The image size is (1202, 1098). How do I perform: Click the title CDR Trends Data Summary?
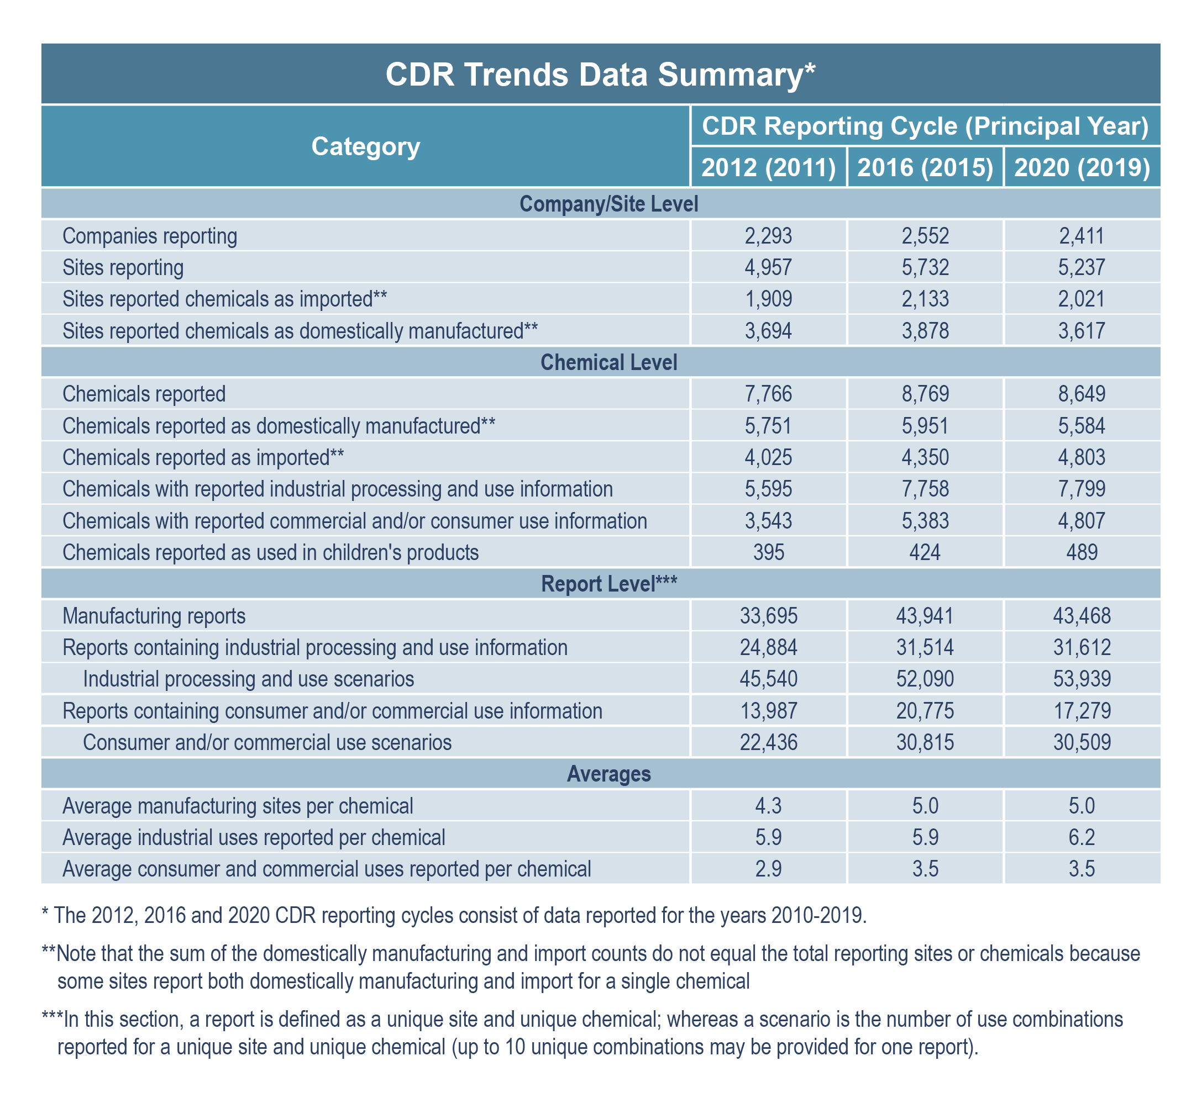(600, 75)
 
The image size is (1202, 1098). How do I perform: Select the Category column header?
(365, 146)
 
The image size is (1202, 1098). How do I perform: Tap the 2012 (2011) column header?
(769, 167)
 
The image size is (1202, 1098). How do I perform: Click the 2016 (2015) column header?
(925, 167)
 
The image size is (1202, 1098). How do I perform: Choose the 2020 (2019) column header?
(1082, 167)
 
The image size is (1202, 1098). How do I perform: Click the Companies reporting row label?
(150, 236)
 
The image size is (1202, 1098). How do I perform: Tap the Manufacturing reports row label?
(154, 615)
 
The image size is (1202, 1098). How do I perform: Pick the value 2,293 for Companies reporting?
(768, 236)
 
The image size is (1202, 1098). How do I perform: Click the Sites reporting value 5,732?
(925, 267)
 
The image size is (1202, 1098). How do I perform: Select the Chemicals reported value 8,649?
(1082, 394)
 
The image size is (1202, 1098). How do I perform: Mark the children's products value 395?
(768, 552)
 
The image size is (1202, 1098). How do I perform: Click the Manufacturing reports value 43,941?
(925, 615)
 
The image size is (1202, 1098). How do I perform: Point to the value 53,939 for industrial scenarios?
(1082, 679)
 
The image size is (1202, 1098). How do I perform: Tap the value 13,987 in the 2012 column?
(768, 711)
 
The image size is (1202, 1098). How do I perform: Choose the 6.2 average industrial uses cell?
(1082, 837)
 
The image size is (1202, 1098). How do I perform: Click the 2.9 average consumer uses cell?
(768, 869)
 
